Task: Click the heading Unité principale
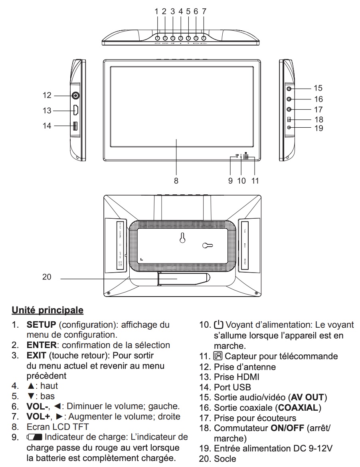click(48, 310)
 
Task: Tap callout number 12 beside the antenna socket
click(47, 95)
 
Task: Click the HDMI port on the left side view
click(75, 110)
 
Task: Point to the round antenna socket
click(75, 95)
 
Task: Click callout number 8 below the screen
click(176, 180)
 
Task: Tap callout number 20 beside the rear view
click(47, 277)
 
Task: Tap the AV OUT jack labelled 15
click(289, 89)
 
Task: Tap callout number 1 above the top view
click(157, 12)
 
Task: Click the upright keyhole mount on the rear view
click(182, 238)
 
